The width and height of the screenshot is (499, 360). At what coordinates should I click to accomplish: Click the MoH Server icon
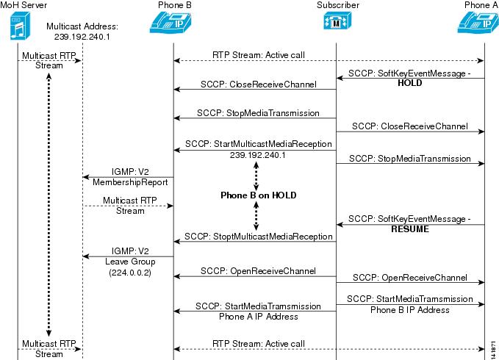tap(20, 26)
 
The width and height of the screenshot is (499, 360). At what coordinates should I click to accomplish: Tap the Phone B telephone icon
tap(170, 22)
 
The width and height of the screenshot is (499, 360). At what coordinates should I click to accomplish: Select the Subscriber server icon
tap(337, 21)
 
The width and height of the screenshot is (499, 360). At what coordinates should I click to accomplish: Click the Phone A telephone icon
tap(478, 22)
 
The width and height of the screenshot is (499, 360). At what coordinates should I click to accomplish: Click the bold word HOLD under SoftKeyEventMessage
tap(410, 83)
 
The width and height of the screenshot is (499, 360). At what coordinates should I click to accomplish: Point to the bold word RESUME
tap(410, 229)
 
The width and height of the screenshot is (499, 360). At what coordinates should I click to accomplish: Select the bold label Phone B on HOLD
tap(259, 195)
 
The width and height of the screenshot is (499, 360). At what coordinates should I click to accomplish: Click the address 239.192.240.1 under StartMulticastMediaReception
tap(258, 155)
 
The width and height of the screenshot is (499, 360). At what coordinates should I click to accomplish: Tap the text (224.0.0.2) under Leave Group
tap(130, 273)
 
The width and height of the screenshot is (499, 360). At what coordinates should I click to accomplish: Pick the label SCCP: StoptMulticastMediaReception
tap(259, 237)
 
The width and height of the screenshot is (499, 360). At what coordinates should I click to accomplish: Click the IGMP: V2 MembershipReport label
tap(130, 177)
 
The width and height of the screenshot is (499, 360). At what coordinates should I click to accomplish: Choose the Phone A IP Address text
tap(259, 317)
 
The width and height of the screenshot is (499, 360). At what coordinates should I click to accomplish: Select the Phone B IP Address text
tap(410, 310)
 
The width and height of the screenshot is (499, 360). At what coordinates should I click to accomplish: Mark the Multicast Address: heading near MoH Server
tap(82, 26)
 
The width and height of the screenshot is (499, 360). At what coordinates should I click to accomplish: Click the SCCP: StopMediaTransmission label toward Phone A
tap(410, 159)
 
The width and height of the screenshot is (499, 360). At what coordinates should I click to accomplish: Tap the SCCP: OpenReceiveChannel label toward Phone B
tap(259, 271)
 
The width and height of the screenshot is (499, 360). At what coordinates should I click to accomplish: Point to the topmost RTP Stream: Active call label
tap(259, 55)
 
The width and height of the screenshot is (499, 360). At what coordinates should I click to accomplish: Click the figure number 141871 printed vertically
tap(493, 350)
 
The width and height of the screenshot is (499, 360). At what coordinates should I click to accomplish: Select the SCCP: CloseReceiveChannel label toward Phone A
tap(410, 126)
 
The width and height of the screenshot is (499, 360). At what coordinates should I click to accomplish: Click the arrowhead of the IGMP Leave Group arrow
tap(85, 256)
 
